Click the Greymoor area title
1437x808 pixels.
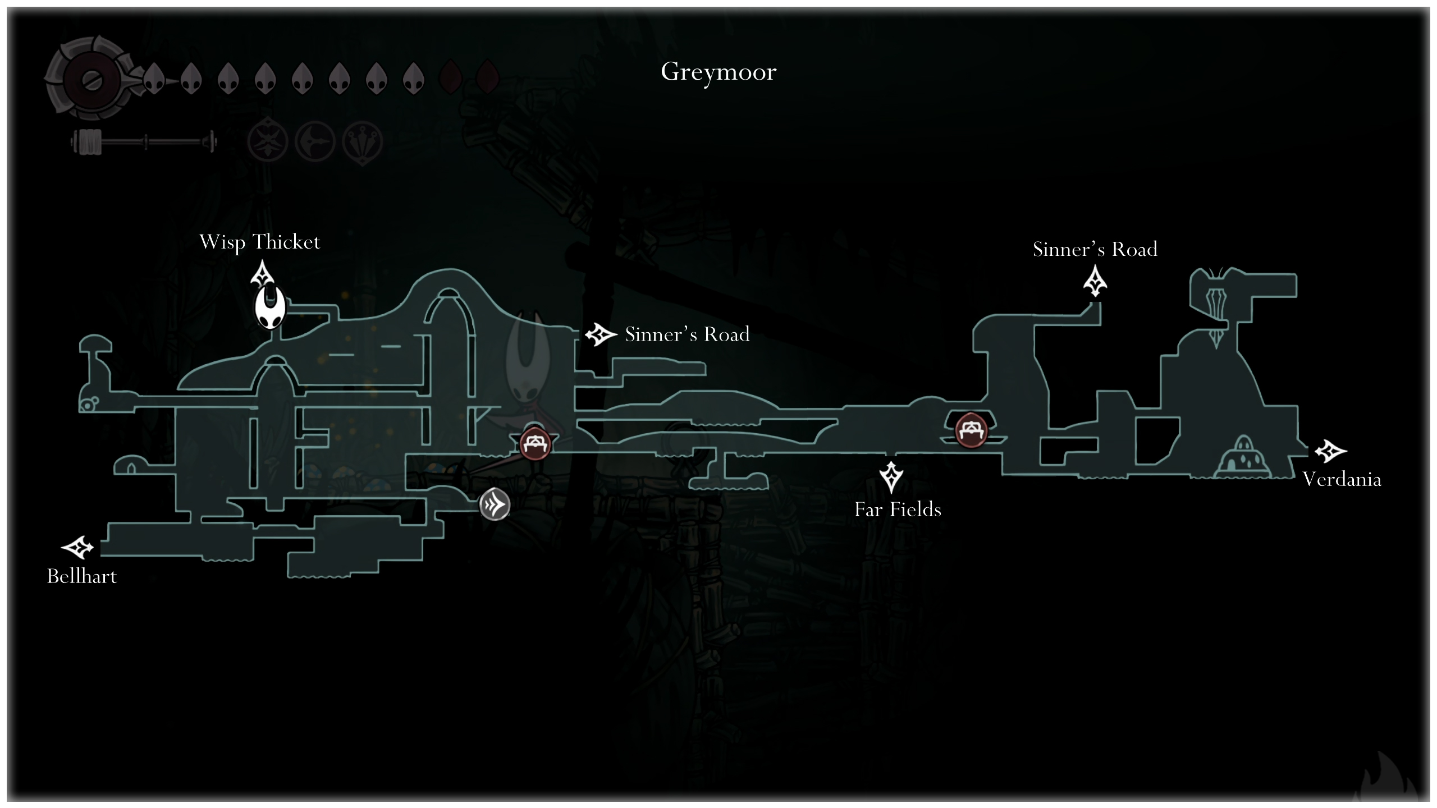click(718, 72)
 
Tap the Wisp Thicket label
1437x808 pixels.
click(259, 242)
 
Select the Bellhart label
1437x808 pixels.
click(82, 576)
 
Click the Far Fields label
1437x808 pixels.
click(898, 509)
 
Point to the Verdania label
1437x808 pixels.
click(1342, 479)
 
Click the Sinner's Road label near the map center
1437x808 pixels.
click(687, 334)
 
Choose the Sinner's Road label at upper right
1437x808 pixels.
click(1095, 249)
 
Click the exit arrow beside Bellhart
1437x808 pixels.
click(77, 548)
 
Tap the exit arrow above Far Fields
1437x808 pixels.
click(891, 477)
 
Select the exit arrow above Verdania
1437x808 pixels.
click(1330, 451)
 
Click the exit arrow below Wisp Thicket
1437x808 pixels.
click(262, 275)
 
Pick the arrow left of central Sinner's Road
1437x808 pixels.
click(600, 335)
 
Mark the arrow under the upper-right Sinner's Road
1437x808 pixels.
click(1095, 281)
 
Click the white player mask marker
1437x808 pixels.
click(271, 307)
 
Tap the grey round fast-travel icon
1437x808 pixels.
click(495, 504)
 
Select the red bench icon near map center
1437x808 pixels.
click(535, 444)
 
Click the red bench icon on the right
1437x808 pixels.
click(971, 430)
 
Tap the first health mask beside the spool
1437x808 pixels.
click(154, 79)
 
